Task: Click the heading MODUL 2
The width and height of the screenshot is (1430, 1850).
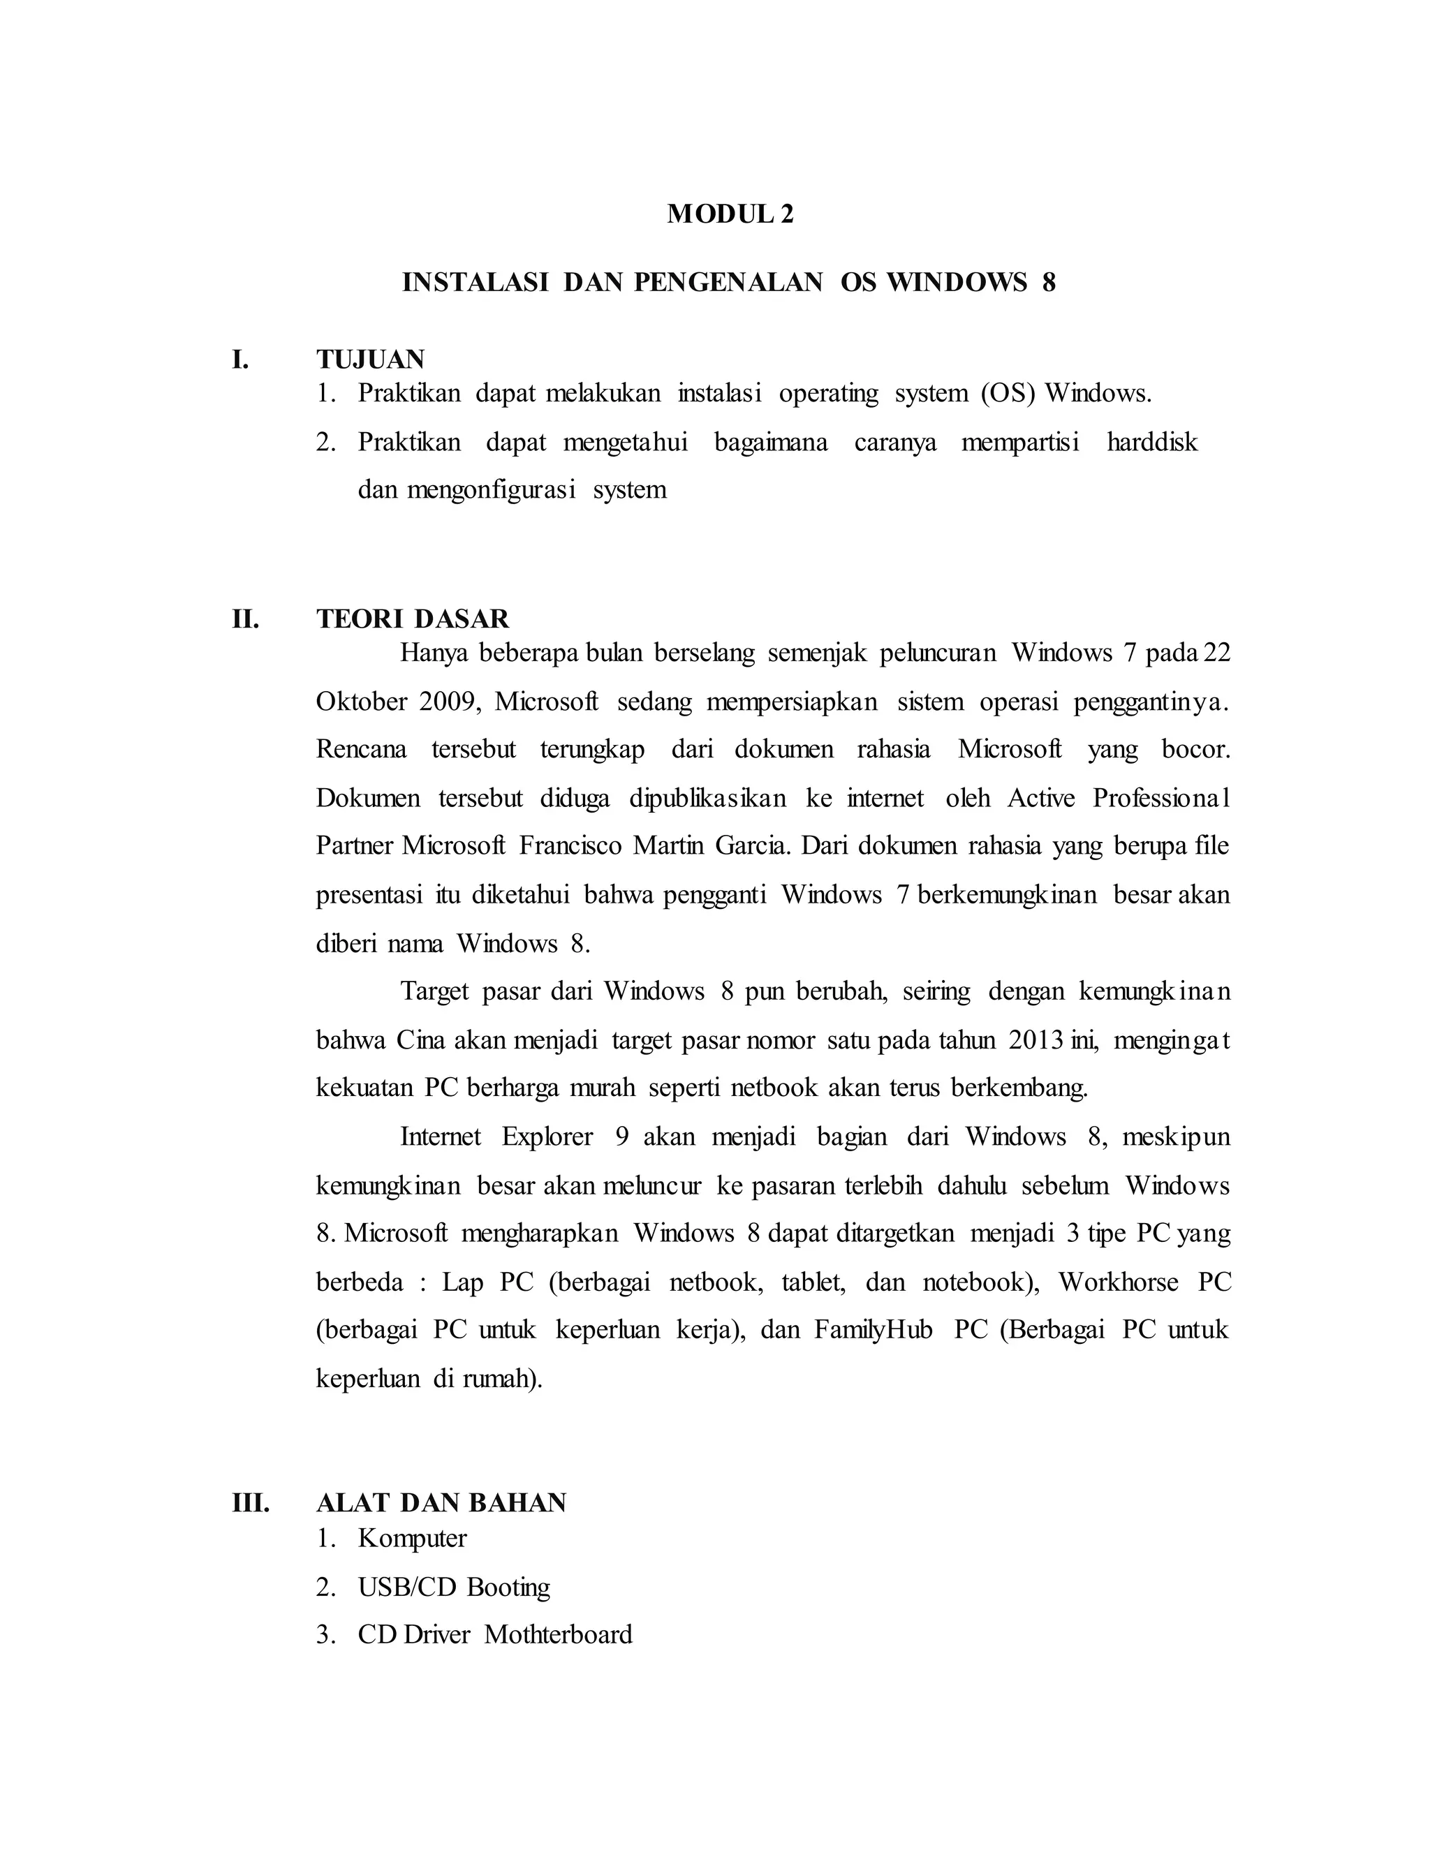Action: click(730, 214)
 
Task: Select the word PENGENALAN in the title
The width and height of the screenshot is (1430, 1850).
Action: click(728, 282)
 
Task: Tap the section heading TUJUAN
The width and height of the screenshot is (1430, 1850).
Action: click(370, 360)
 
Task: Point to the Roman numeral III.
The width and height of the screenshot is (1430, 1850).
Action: click(251, 1503)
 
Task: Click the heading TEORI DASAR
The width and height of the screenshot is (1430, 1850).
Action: click(413, 619)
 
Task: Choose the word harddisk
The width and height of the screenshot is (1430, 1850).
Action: click(1152, 442)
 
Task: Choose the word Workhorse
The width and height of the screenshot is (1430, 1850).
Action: click(1119, 1282)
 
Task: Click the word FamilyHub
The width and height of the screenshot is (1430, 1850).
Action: click(874, 1330)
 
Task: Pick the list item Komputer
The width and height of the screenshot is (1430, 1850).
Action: click(413, 1538)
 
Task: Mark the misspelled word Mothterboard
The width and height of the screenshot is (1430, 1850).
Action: click(559, 1634)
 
